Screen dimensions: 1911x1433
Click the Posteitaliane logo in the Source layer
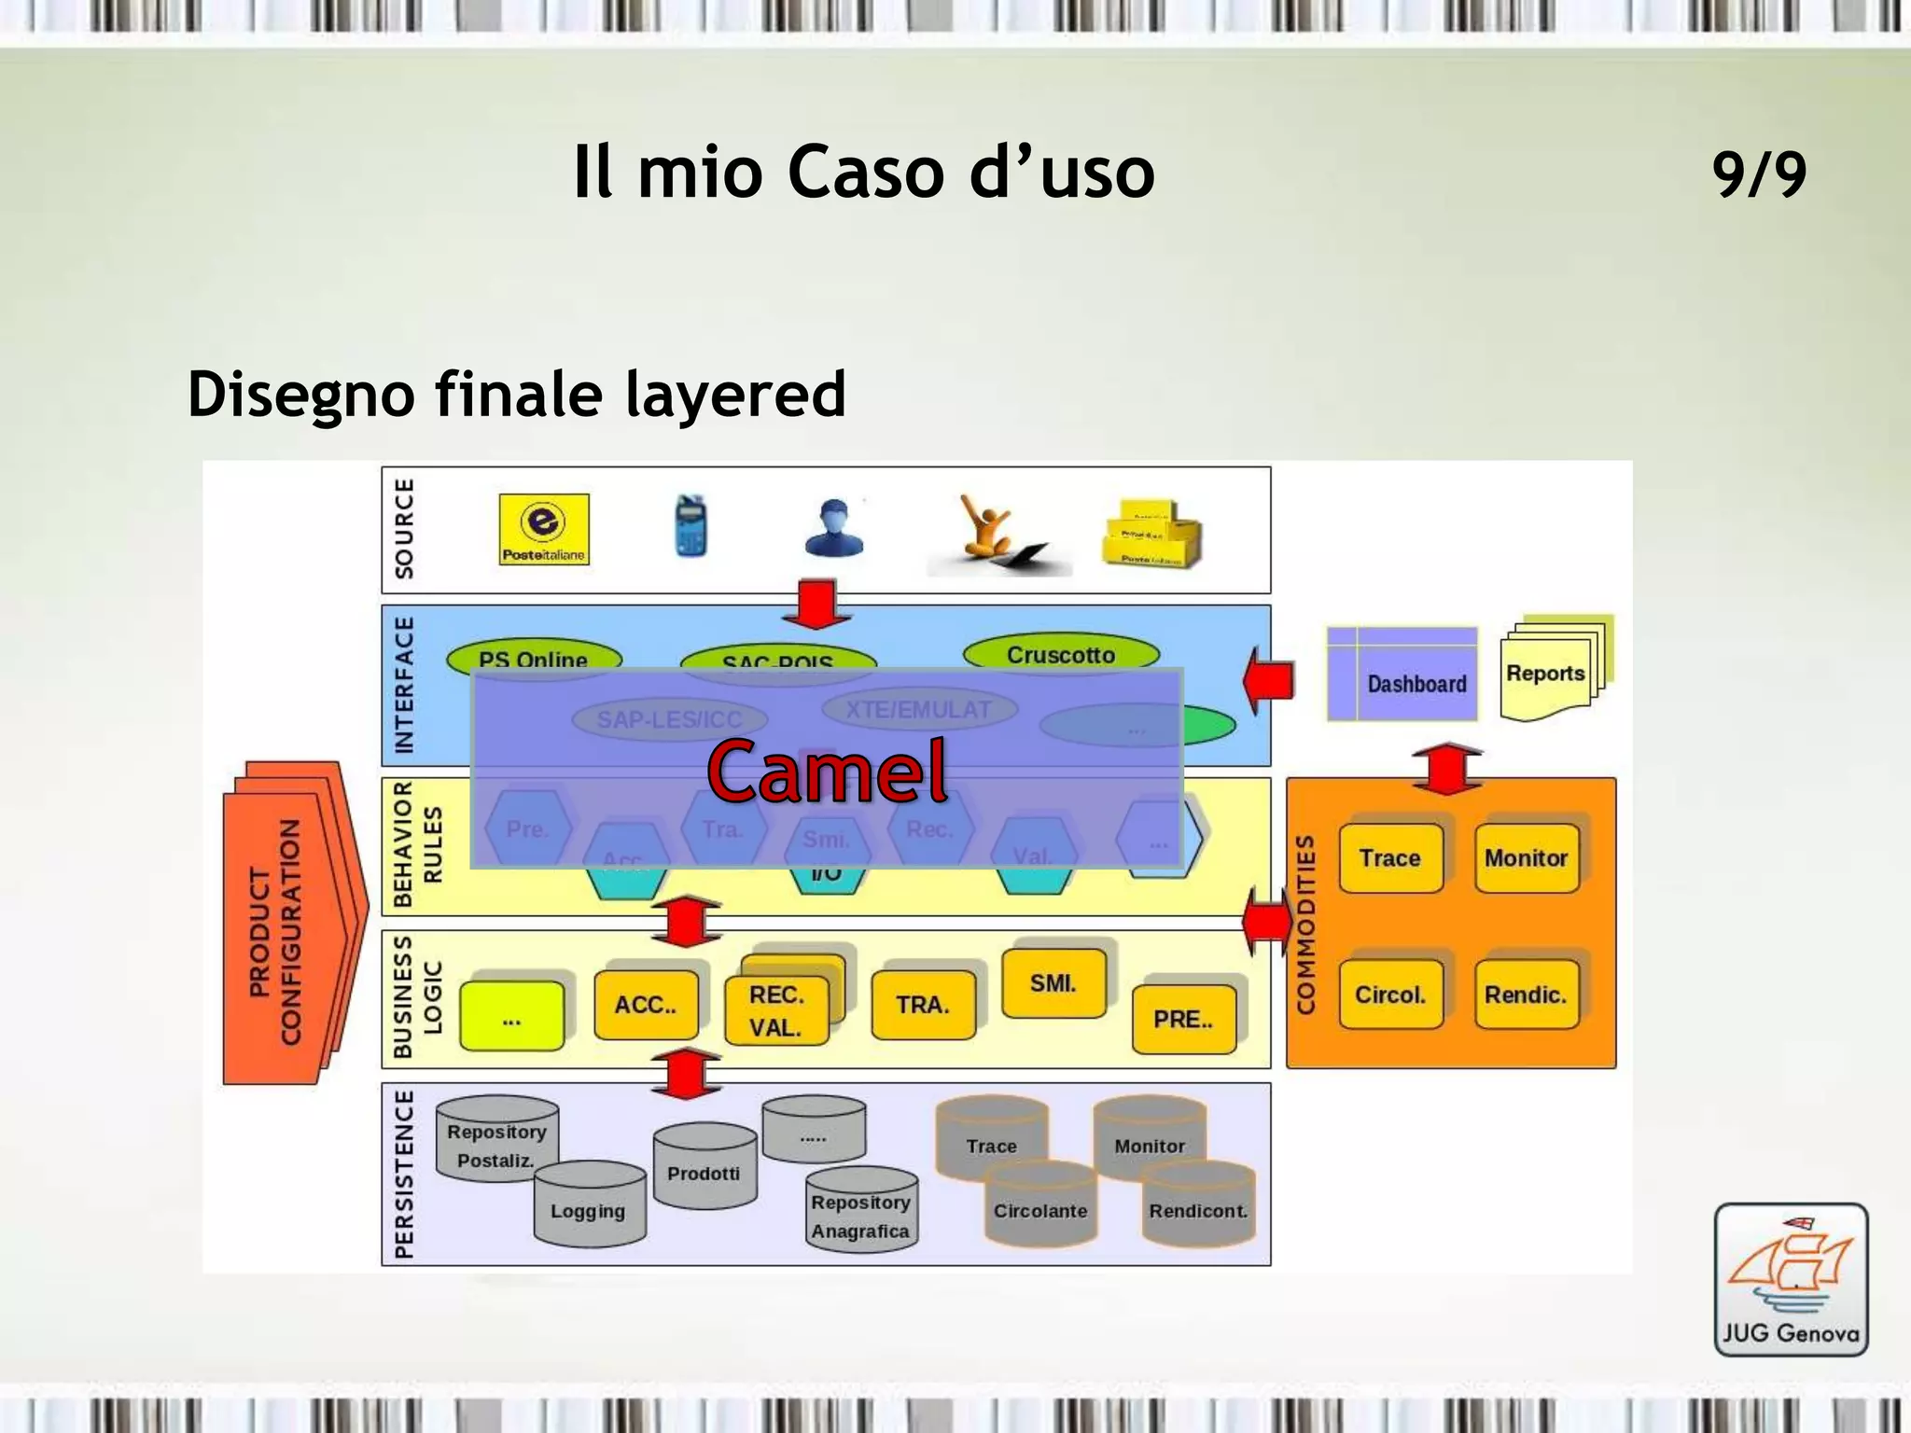point(544,529)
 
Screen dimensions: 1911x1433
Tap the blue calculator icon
point(690,525)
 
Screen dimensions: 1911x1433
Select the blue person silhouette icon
point(833,529)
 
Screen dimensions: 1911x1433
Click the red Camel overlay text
point(827,771)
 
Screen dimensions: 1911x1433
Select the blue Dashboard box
point(1402,674)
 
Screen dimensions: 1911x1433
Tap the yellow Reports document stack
point(1554,668)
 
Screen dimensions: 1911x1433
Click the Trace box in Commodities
point(1390,858)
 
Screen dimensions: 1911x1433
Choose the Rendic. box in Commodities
point(1526,995)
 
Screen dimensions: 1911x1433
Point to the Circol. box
point(1390,995)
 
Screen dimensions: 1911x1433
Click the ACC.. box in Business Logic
point(646,1005)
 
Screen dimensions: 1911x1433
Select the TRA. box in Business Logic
point(923,1005)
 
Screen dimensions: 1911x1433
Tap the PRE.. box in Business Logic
point(1183,1019)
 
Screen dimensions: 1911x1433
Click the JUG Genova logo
point(1791,1279)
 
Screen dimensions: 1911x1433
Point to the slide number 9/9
point(1759,174)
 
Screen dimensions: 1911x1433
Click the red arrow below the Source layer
point(816,605)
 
